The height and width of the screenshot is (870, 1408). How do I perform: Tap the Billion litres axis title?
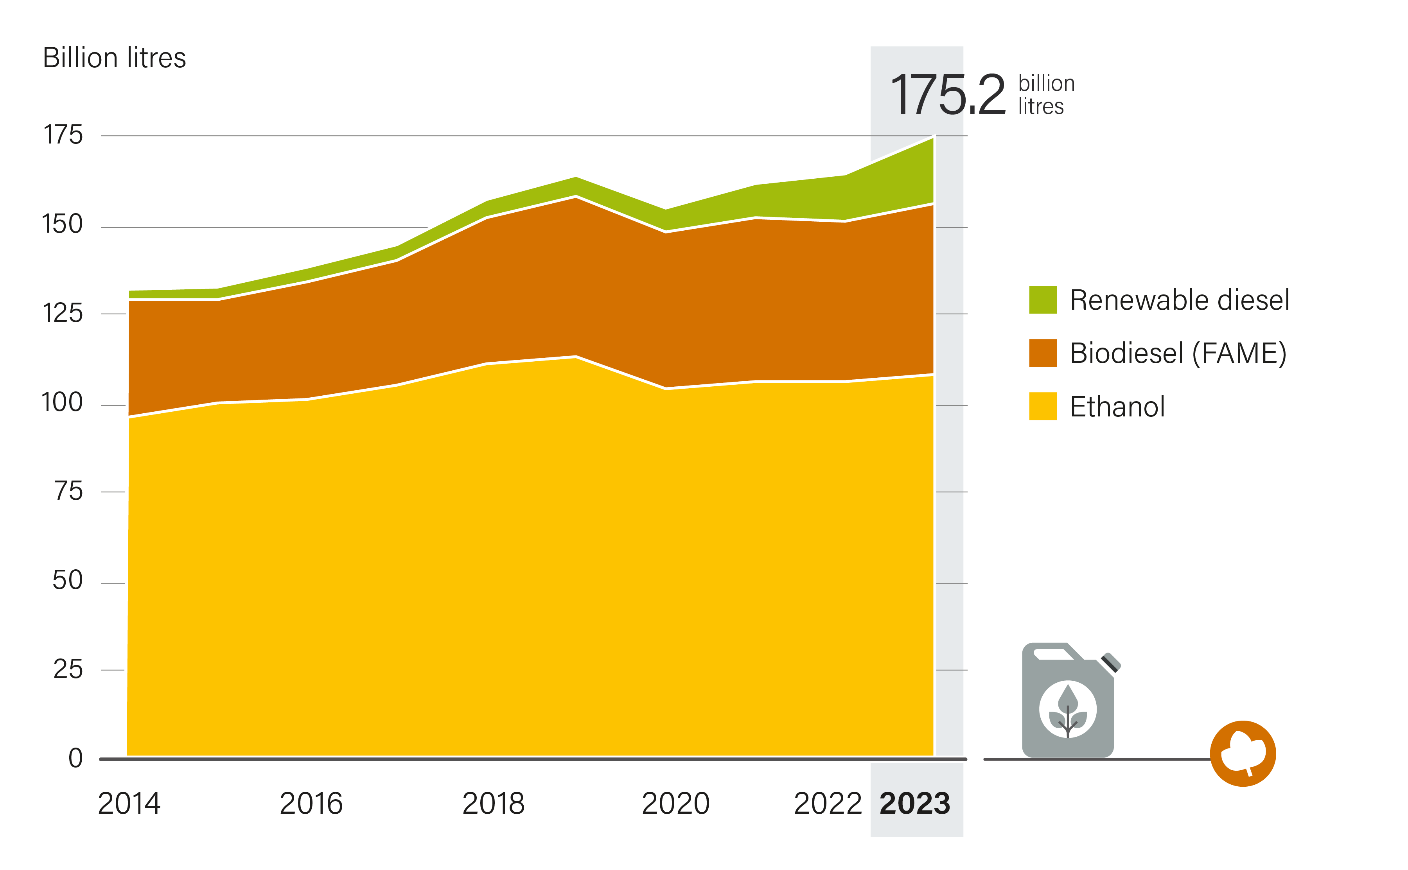click(115, 58)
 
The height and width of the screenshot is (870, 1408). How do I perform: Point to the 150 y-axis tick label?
click(62, 224)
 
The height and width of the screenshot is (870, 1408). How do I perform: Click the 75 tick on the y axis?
click(68, 492)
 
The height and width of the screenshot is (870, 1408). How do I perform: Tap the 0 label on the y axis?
click(75, 759)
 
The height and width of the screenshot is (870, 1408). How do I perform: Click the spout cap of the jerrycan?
click(1110, 663)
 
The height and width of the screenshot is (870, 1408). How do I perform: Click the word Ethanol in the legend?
click(1117, 407)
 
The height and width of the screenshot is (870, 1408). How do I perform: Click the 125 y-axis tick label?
click(62, 314)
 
